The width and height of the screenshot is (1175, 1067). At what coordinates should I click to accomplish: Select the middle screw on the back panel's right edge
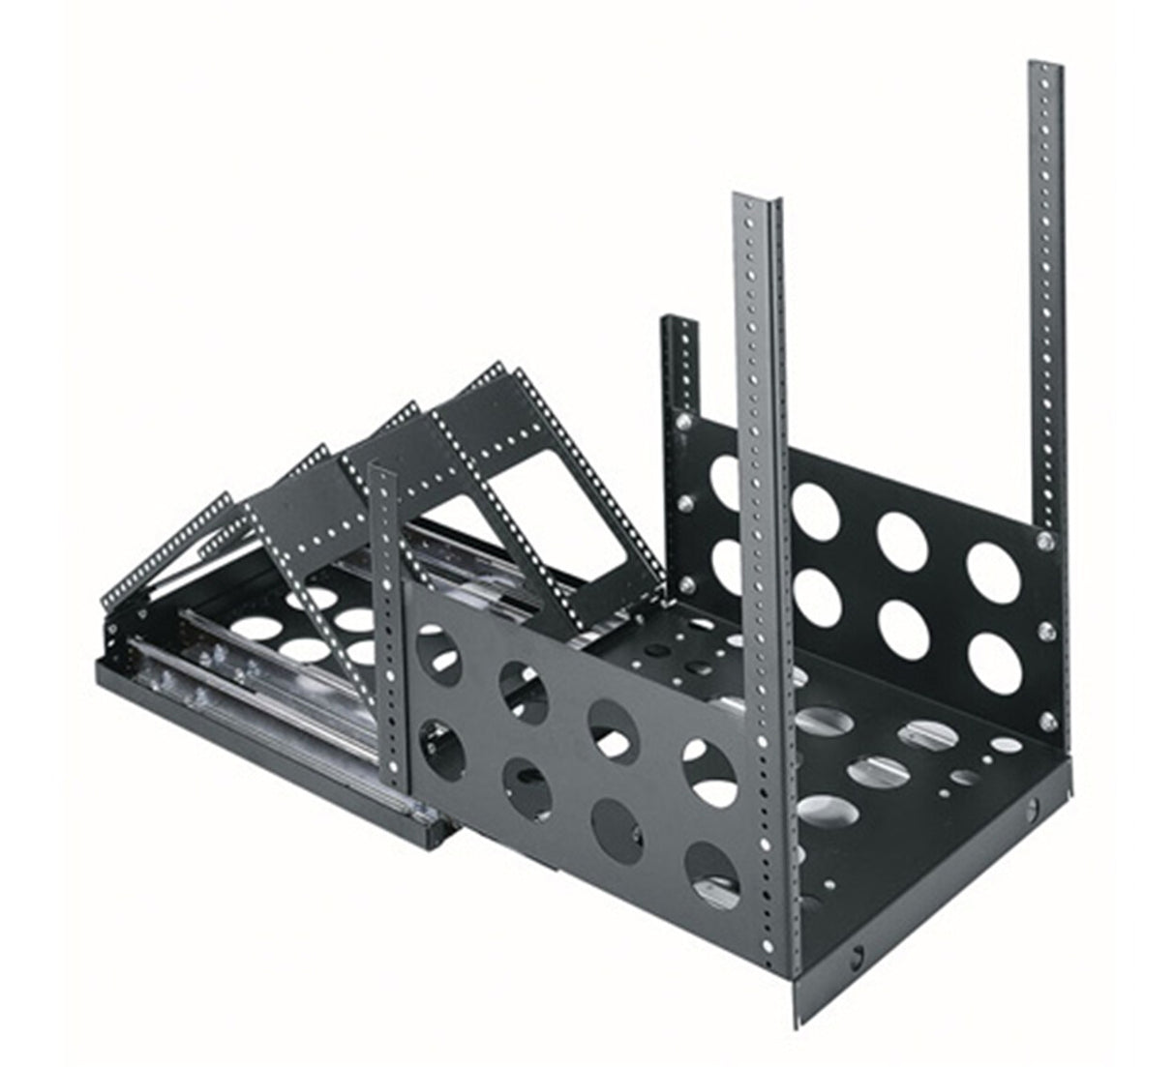[x=1047, y=632]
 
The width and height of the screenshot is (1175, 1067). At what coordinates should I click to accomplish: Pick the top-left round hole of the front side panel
[x=437, y=649]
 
